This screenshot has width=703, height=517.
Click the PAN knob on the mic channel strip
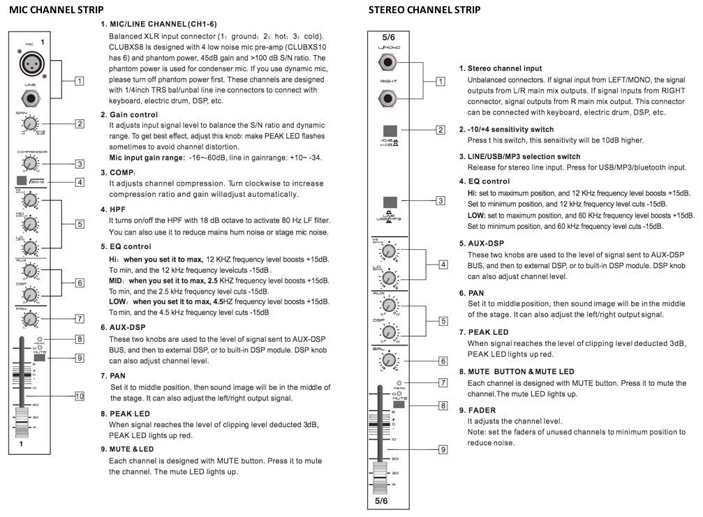pos(29,320)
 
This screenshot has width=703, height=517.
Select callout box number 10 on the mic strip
pos(80,396)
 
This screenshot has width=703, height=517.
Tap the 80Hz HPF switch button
pos(21,183)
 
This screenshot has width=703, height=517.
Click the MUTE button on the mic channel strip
pos(39,358)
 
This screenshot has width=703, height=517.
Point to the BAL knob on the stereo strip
pos(387,360)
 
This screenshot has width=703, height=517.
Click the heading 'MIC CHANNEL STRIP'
pos(57,10)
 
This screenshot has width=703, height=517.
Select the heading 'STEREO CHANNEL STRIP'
pos(424,10)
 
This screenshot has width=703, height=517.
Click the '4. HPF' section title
pos(114,209)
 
